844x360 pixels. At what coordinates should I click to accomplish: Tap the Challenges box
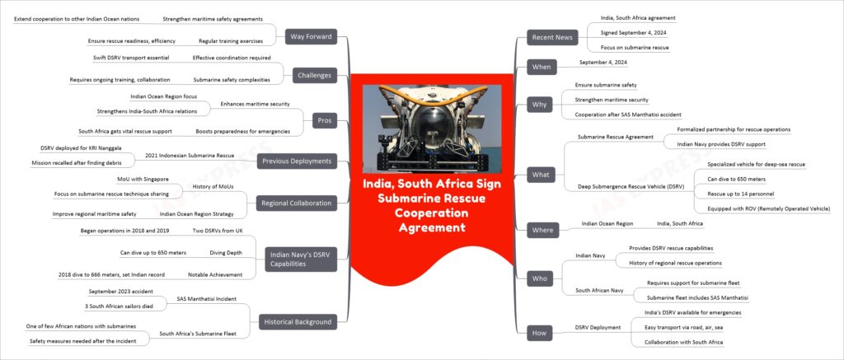point(315,76)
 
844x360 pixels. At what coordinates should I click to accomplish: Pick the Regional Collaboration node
point(296,204)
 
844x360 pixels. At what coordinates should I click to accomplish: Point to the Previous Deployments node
point(296,161)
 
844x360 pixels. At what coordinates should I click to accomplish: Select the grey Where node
point(542,230)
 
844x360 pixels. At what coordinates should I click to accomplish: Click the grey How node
point(540,333)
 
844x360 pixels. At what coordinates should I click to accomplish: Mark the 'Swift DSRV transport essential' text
point(131,58)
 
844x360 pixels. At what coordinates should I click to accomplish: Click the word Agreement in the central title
point(432,227)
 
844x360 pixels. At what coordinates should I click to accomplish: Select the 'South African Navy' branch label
point(599,290)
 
